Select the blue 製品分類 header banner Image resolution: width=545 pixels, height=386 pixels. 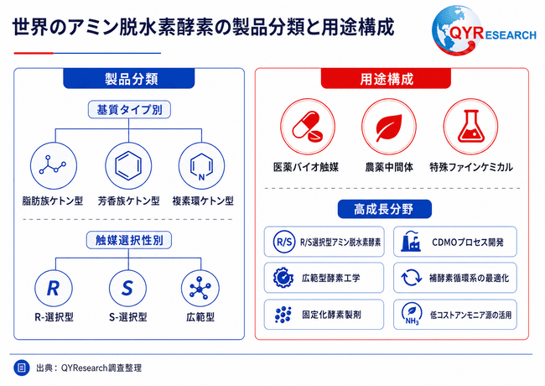click(128, 79)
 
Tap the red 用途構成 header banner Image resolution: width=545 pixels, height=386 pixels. click(386, 79)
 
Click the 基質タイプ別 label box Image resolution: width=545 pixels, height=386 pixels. click(129, 110)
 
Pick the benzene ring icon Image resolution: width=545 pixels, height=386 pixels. click(128, 166)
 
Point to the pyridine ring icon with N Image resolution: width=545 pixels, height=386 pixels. click(201, 166)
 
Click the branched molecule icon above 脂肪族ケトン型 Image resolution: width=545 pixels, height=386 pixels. click(54, 166)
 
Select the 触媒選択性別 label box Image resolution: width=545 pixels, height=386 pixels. click(129, 240)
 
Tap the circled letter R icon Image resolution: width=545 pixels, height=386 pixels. click(54, 289)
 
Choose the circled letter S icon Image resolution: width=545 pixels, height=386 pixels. click(127, 289)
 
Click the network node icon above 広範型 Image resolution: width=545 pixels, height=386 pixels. click(200, 289)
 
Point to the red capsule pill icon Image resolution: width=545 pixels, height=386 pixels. click(308, 126)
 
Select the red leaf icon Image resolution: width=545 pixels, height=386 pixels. click(389, 126)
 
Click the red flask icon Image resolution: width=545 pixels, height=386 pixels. click(470, 126)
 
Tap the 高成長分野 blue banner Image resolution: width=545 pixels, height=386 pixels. click(384, 209)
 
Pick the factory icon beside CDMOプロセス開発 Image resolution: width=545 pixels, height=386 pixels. click(411, 242)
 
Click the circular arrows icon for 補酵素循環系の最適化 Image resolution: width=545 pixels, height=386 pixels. click(411, 278)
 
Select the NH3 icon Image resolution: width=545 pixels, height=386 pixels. click(412, 314)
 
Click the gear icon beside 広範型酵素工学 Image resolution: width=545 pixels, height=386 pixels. click(283, 278)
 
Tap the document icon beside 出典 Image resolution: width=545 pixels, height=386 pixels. click(22, 368)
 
